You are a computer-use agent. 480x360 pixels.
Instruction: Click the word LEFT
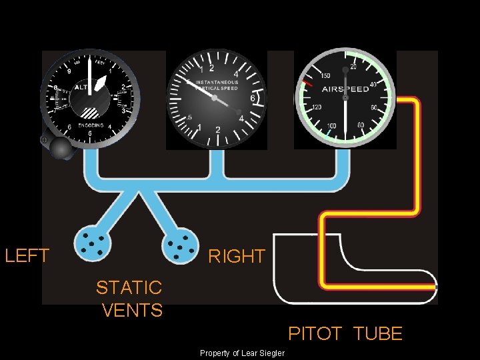(27, 255)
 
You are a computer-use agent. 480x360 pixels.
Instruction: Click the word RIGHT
(237, 256)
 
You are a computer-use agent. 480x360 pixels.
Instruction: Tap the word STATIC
(129, 287)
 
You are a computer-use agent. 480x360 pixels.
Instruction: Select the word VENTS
(133, 310)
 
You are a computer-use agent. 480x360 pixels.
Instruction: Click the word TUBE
(377, 333)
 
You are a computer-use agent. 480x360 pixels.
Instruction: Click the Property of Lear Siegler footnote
(242, 353)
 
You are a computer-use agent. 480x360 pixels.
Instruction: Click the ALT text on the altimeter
(81, 87)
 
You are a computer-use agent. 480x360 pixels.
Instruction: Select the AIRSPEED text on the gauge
(345, 89)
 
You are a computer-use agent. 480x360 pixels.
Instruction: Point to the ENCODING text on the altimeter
(90, 125)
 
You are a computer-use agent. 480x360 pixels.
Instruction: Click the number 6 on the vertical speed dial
(252, 98)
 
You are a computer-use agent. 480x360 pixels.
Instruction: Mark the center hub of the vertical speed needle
(215, 97)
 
